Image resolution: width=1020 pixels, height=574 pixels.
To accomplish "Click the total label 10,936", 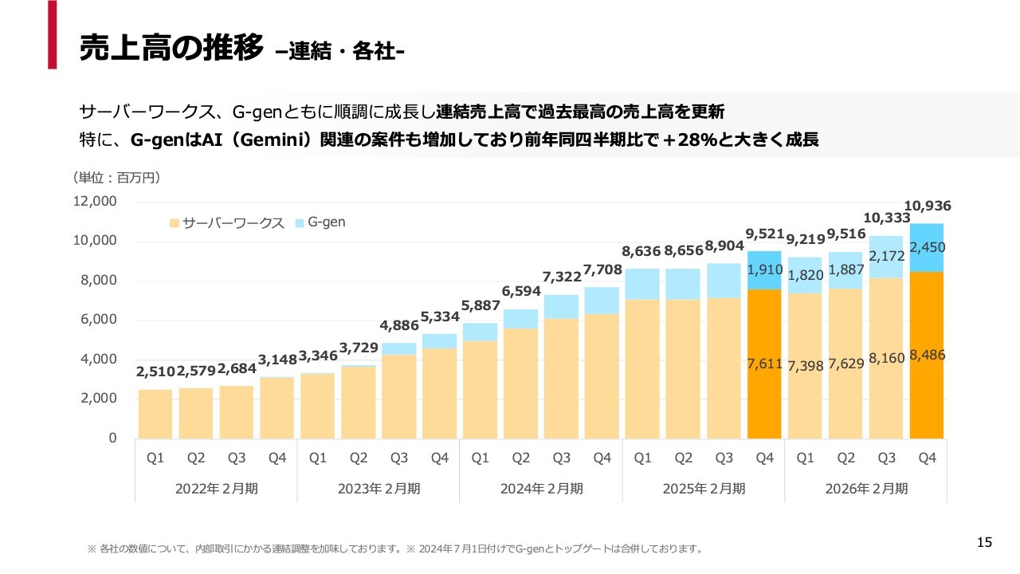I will pos(928,206).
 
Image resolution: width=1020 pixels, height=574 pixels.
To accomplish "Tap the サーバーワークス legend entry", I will pos(227,223).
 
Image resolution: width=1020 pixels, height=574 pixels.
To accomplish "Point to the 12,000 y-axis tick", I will pos(95,202).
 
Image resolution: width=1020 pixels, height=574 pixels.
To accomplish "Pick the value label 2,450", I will pos(928,248).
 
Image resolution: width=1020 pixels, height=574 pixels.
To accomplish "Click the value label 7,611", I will pos(765,364).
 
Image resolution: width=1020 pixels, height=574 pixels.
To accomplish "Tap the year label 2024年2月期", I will pos(540,489).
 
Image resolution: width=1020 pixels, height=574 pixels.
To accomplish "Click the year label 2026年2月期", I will pos(865,489).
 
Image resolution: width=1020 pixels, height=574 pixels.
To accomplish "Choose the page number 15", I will pos(985,543).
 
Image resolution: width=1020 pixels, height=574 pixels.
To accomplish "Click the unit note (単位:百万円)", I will pos(117,177).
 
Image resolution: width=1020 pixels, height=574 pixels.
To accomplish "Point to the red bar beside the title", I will pos(53,34).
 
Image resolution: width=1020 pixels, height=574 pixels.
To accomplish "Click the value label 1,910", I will pos(765,269).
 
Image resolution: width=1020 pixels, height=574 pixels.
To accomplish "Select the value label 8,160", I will pos(886,358).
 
